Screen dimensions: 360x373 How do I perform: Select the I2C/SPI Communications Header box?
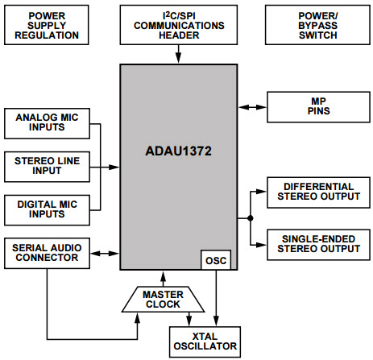click(180, 24)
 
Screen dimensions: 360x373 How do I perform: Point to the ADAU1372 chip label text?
click(180, 149)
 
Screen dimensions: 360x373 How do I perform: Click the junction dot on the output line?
click(251, 218)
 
